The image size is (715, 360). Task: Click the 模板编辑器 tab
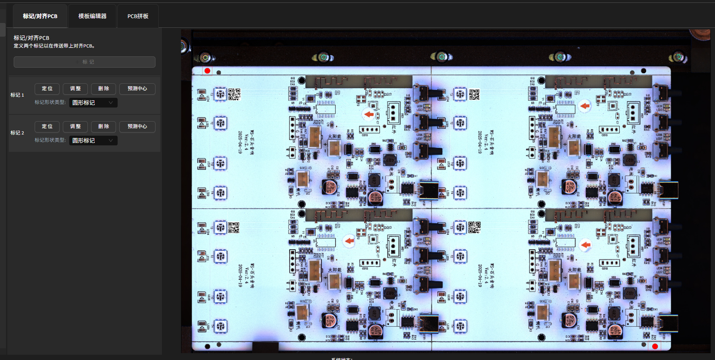pos(92,16)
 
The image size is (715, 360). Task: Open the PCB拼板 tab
pos(138,16)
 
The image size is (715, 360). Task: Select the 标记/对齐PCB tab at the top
pos(40,16)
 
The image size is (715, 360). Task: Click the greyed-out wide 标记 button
pos(85,62)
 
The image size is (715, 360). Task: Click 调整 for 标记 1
pos(75,89)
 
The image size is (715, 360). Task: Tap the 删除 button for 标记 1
pos(104,89)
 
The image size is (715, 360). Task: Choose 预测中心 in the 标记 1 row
pos(137,89)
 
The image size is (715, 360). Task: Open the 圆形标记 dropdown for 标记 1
pos(93,103)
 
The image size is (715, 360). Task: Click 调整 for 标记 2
pos(75,126)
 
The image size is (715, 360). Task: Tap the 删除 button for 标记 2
pos(104,126)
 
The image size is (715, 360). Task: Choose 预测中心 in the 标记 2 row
pos(137,126)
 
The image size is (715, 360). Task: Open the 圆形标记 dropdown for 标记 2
pos(93,141)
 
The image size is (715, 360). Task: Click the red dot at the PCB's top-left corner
pos(207,71)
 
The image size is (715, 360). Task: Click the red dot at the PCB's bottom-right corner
pos(655,346)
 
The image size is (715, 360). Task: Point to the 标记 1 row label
pos(17,95)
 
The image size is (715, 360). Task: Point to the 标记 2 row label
pos(17,133)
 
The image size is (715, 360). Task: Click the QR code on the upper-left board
pos(234,94)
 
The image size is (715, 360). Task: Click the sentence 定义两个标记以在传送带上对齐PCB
pos(54,46)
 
